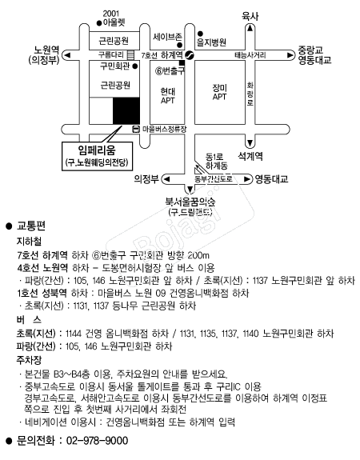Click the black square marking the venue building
pos(126,111)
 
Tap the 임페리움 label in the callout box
pos(97,150)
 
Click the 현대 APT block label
pos(168,96)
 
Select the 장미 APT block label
pos(220,92)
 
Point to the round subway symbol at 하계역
pos(190,55)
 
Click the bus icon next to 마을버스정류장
pos(136,129)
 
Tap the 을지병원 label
pos(211,42)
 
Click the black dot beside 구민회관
pos(135,66)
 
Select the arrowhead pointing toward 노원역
pos(67,55)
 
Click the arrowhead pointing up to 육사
pos(250,29)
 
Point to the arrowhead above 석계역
pos(250,143)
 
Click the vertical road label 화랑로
pos(250,94)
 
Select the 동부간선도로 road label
pos(214,178)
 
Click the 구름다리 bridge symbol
pos(130,55)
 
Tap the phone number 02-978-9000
pos(97,441)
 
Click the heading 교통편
pos(31,226)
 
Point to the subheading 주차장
pos(29,360)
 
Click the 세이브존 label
pos(167,37)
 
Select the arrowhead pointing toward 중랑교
pos(290,55)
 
